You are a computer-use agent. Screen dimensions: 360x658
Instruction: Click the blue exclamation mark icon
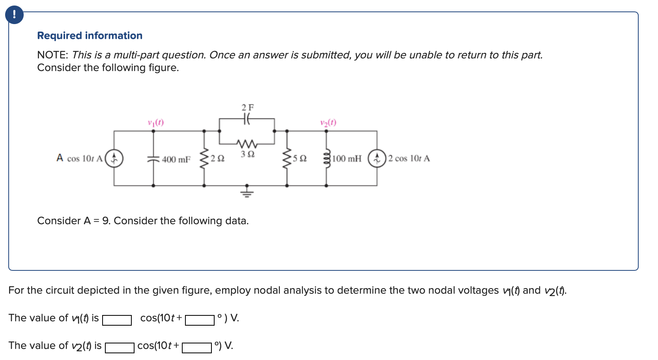click(14, 15)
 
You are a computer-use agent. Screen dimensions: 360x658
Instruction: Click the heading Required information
click(90, 36)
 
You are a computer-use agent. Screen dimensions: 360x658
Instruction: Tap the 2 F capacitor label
click(248, 107)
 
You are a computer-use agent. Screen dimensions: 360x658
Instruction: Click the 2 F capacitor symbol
click(247, 118)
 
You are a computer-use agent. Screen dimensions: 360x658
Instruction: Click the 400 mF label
click(176, 159)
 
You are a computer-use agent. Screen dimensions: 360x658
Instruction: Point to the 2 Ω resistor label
click(217, 159)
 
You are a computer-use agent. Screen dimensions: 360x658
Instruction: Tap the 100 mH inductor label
click(347, 159)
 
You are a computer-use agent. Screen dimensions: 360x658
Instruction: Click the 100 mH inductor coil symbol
click(326, 158)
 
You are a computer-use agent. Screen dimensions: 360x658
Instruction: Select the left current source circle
click(114, 158)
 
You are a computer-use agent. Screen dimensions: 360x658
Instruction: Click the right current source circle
click(377, 158)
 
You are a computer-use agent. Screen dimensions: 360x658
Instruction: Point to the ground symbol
click(247, 193)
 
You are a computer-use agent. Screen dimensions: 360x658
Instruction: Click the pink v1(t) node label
click(156, 122)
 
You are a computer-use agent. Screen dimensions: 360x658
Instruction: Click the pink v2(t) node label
click(328, 122)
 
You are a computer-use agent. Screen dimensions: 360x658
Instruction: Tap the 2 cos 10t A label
click(409, 159)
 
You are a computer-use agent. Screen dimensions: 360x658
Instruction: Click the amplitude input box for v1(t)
click(117, 320)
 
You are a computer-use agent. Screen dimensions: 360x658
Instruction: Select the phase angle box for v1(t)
click(200, 320)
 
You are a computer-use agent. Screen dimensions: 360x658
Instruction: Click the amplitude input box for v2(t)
click(120, 347)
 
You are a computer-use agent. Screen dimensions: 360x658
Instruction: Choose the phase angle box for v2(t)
click(197, 347)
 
